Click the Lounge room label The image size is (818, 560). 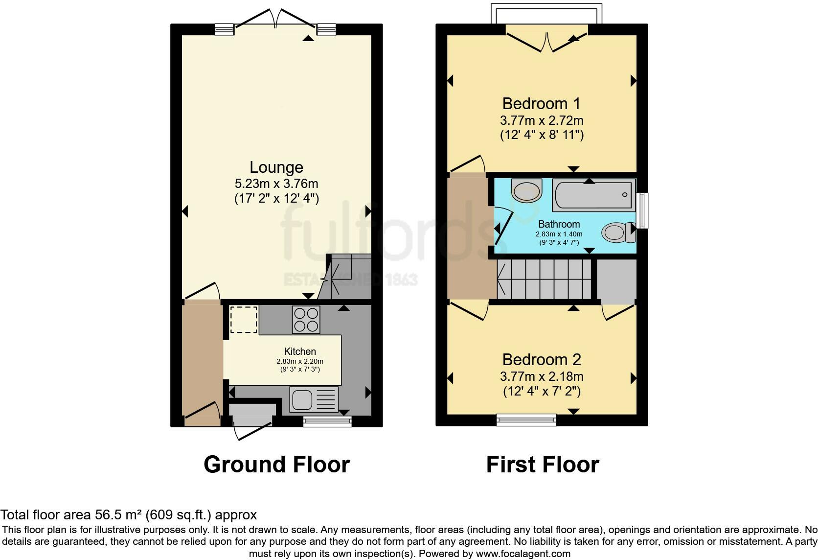tap(276, 167)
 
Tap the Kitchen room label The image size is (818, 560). tap(300, 351)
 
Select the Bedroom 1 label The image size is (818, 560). tap(541, 104)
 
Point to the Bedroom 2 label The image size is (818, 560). tap(542, 360)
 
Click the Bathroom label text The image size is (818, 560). tap(559, 224)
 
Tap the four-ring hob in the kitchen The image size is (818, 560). tap(306, 320)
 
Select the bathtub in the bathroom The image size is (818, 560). tap(594, 195)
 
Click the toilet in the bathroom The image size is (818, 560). tap(618, 233)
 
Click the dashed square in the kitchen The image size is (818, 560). tap(244, 320)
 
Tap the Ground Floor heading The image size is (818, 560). tap(277, 465)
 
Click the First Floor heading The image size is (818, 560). tap(543, 465)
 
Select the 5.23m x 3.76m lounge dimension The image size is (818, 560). tap(276, 184)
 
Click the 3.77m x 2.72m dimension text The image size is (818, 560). tap(542, 120)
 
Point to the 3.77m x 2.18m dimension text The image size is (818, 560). tap(542, 376)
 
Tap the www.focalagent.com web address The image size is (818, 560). tap(523, 554)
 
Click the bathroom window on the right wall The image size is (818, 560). tap(642, 211)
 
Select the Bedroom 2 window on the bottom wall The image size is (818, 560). tap(526, 420)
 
